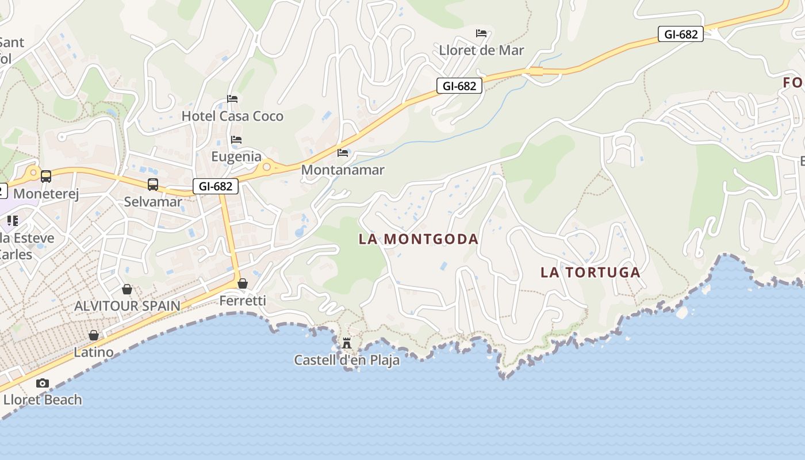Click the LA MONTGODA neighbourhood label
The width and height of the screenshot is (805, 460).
419,239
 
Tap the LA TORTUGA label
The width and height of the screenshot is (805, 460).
591,273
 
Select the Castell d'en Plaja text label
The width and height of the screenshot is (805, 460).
347,361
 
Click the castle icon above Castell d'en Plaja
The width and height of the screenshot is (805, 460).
347,343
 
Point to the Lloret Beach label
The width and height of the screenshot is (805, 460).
43,400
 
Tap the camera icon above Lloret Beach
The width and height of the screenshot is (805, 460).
43,383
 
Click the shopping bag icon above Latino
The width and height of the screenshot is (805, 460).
94,335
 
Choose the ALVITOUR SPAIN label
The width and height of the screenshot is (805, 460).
127,306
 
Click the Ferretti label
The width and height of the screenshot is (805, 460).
243,301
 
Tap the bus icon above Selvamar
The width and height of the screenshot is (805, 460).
153,185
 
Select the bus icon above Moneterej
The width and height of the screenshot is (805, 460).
46,177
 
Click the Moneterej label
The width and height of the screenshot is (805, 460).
46,194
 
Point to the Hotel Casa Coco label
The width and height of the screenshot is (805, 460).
232,116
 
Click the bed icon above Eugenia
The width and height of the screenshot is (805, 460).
236,140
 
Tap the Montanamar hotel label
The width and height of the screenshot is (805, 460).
343,170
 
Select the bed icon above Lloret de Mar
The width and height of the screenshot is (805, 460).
481,33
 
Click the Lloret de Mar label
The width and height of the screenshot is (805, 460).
481,51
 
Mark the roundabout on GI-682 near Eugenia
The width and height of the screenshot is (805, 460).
267,167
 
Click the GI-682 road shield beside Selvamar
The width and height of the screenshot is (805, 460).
216,186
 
